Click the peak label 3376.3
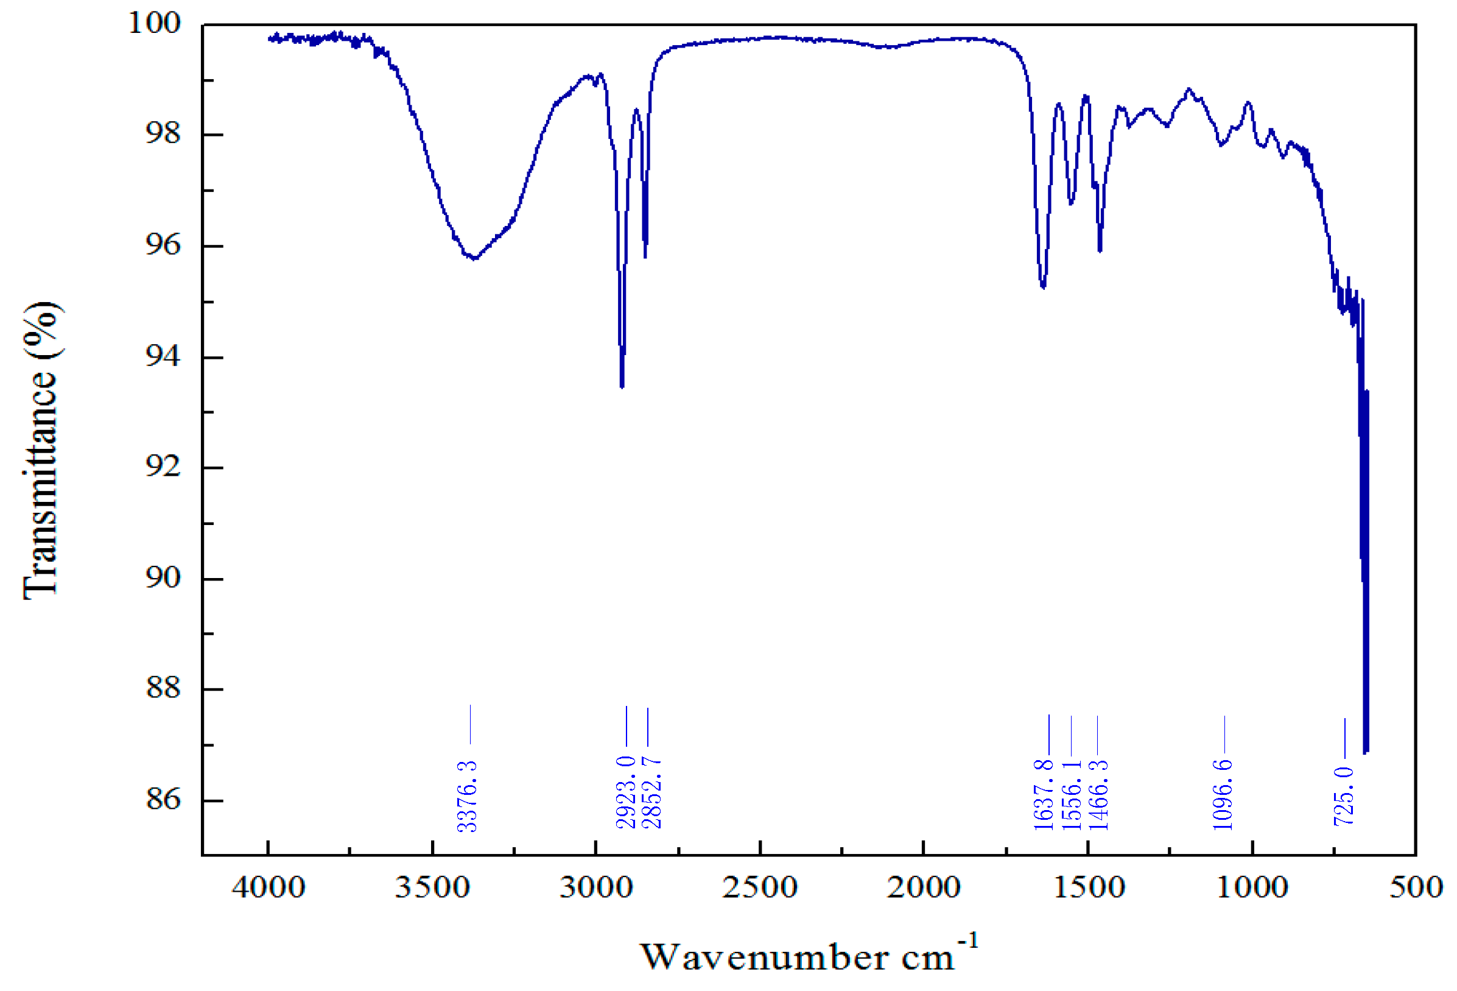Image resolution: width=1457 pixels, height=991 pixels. [467, 796]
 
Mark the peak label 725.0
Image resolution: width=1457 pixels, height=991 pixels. [1344, 796]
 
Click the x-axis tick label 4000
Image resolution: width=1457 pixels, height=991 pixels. [269, 887]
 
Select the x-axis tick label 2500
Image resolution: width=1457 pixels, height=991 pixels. [760, 887]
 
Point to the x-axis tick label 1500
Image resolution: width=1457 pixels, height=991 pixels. [1089, 887]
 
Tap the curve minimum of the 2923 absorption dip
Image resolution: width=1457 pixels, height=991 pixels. [621, 386]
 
